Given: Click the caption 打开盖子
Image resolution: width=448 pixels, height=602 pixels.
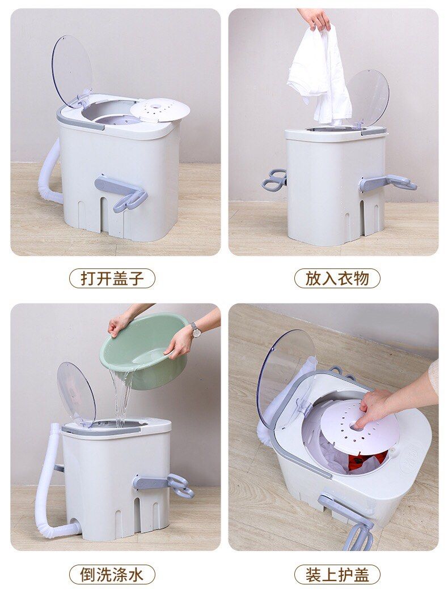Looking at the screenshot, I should click(112, 278).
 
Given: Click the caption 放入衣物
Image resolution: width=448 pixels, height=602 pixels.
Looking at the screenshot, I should click(337, 278).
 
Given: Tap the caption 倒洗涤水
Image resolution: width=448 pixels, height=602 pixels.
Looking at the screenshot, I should click(112, 574).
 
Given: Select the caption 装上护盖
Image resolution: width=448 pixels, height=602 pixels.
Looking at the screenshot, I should click(337, 574).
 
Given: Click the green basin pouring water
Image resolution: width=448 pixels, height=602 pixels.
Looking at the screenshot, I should click(142, 348).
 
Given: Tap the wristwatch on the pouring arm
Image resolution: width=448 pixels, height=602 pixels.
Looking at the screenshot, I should click(196, 330).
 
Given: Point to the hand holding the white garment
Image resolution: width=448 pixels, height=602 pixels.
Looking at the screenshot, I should click(315, 18).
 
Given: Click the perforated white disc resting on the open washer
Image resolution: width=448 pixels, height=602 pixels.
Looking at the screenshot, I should click(159, 110).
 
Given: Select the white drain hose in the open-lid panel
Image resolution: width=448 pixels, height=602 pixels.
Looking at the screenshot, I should click(53, 170).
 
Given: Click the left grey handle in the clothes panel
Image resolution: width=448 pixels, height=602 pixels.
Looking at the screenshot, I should click(274, 180).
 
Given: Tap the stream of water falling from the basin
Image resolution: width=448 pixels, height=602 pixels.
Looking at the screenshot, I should click(121, 396).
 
